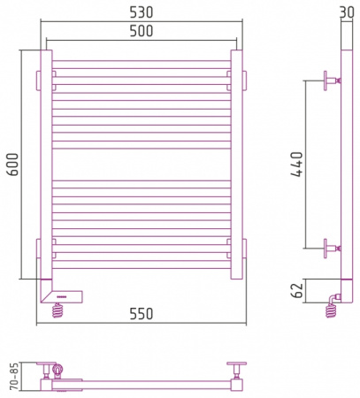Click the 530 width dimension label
(142, 12)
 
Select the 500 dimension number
(142, 31)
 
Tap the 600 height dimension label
(13, 165)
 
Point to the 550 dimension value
(142, 314)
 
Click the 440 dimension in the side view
(296, 165)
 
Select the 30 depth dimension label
(347, 12)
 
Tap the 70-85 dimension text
(14, 376)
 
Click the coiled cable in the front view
(57, 310)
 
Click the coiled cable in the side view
(331, 311)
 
